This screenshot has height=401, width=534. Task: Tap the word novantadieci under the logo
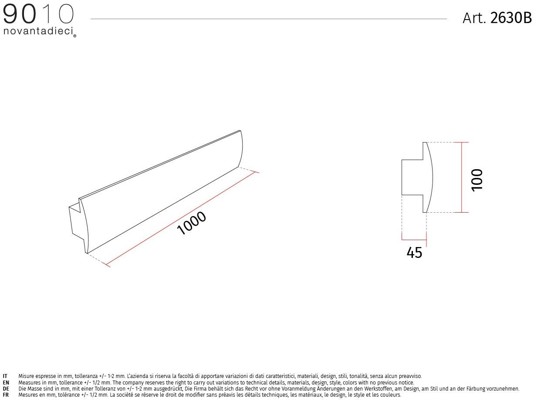38,31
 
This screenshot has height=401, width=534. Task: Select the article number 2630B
511,18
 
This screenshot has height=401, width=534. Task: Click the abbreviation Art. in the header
474,18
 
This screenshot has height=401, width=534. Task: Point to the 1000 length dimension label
192,223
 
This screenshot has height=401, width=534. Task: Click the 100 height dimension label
477,179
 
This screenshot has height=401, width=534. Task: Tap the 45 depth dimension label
414,253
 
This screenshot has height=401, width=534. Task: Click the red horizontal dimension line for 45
414,240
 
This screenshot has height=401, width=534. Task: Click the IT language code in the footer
5,376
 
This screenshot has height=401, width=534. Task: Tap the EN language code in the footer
6,383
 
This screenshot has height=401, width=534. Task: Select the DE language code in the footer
6,389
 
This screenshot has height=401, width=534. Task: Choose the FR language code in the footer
6,395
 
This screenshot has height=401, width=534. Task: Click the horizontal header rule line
268,19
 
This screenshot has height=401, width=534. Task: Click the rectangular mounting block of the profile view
412,177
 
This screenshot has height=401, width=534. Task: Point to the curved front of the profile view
431,177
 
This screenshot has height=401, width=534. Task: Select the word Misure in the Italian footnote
26,376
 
